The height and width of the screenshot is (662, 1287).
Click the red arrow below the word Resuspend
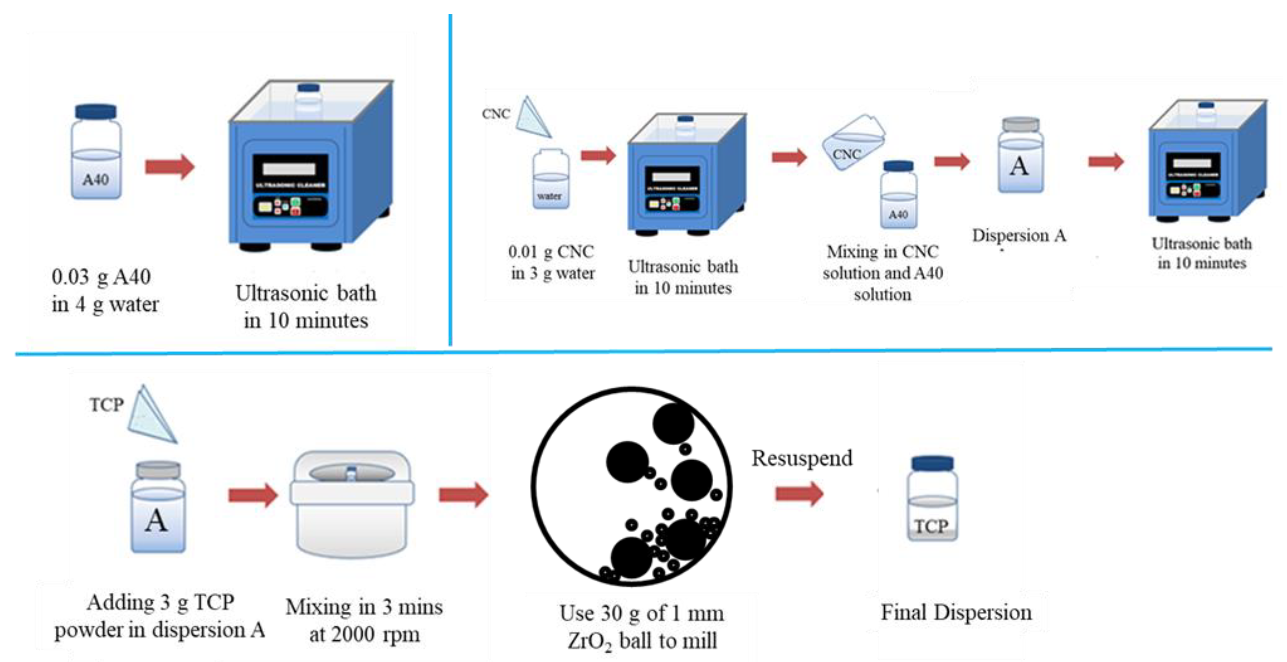point(799,494)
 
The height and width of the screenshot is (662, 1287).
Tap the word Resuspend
point(802,458)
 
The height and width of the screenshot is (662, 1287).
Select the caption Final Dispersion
point(956,613)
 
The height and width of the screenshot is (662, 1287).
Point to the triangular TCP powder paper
point(150,415)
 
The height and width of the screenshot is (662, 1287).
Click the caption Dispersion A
point(1019,235)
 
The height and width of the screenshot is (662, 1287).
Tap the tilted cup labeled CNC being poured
point(853,143)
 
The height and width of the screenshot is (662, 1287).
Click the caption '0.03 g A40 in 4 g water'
point(104,290)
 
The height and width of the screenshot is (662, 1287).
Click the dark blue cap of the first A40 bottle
point(96,111)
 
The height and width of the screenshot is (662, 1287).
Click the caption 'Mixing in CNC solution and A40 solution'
point(883,273)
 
